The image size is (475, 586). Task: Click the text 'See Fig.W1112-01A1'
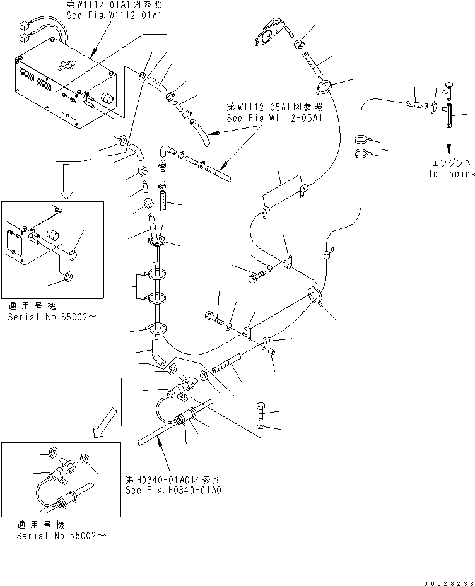pyautogui.click(x=114, y=15)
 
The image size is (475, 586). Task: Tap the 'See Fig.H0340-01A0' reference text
pyautogui.click(x=173, y=489)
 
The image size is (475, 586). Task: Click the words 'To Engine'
pyautogui.click(x=450, y=174)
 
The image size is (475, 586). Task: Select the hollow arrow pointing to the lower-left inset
pyautogui.click(x=101, y=423)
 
